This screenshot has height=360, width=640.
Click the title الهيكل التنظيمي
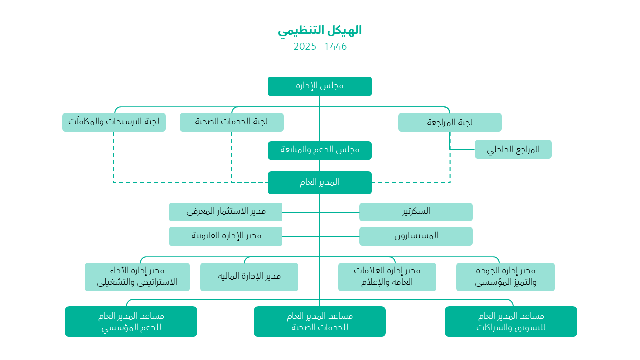click(x=320, y=30)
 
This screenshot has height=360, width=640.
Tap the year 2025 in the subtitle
click(x=305, y=46)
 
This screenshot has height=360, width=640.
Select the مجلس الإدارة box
click(x=319, y=86)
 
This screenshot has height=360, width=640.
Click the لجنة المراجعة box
click(x=450, y=122)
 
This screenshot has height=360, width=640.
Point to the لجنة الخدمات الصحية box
click(x=231, y=122)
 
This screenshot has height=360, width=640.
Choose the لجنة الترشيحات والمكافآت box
click(x=114, y=122)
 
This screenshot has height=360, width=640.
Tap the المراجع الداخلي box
click(x=513, y=149)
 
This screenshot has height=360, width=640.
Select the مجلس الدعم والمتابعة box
click(x=319, y=150)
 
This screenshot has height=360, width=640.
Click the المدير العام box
click(x=319, y=183)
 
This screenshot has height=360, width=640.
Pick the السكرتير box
click(x=416, y=212)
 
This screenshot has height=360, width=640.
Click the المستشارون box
click(x=416, y=236)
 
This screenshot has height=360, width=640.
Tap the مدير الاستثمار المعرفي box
click(x=225, y=212)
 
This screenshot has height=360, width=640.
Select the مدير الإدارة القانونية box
click(x=225, y=236)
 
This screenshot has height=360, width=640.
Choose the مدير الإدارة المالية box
click(x=249, y=277)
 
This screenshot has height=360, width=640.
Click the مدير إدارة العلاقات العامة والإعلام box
click(x=387, y=277)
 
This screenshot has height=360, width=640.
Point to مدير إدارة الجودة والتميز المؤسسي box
click(x=505, y=277)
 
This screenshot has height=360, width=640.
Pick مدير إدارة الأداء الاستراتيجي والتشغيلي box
click(x=137, y=277)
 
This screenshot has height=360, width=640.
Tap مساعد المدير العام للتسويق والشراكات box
click(x=511, y=321)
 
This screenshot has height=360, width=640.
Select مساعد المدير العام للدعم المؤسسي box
click(x=131, y=321)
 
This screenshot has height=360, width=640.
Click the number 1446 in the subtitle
click(x=335, y=46)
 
